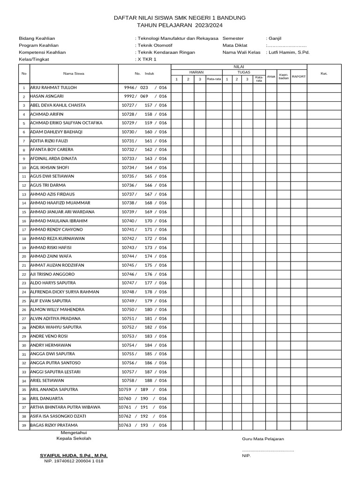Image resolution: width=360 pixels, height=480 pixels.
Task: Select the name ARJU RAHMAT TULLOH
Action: (53, 88)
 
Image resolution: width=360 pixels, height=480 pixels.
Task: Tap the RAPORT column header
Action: (299, 76)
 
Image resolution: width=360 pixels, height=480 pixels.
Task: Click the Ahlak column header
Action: (271, 76)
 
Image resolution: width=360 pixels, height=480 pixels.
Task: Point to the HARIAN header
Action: (196, 72)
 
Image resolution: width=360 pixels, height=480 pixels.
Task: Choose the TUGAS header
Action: (244, 72)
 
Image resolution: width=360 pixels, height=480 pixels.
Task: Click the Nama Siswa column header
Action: (74, 74)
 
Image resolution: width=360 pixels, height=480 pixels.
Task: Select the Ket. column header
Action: (323, 74)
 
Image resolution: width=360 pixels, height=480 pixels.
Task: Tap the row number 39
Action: (23, 425)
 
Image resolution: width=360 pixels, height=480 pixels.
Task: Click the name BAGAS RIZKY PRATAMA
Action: (58, 425)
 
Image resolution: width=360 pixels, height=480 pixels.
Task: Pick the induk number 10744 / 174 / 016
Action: (144, 256)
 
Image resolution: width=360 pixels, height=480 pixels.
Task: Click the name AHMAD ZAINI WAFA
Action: (51, 256)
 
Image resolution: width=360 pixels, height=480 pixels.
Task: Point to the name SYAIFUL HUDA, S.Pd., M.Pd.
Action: (74, 455)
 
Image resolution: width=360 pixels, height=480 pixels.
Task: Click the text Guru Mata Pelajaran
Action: (262, 439)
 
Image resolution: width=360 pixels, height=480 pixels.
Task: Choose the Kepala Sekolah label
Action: (74, 438)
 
